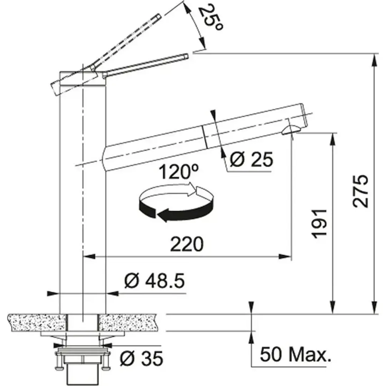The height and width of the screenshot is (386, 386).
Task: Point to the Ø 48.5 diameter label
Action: point(154,282)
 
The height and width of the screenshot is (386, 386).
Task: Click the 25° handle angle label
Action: point(210,18)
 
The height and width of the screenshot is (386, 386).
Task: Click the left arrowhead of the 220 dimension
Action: point(88,256)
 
